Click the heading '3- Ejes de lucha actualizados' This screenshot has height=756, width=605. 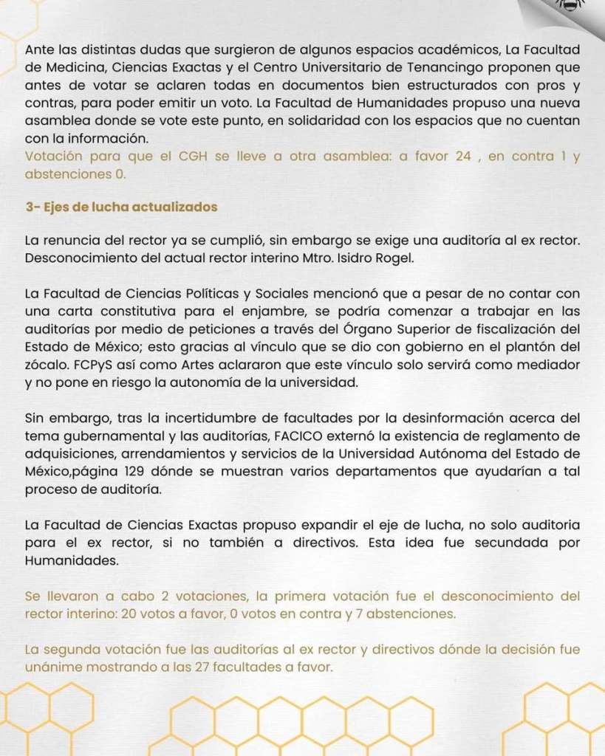click(x=121, y=207)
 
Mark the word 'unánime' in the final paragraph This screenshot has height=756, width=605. click(x=51, y=667)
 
